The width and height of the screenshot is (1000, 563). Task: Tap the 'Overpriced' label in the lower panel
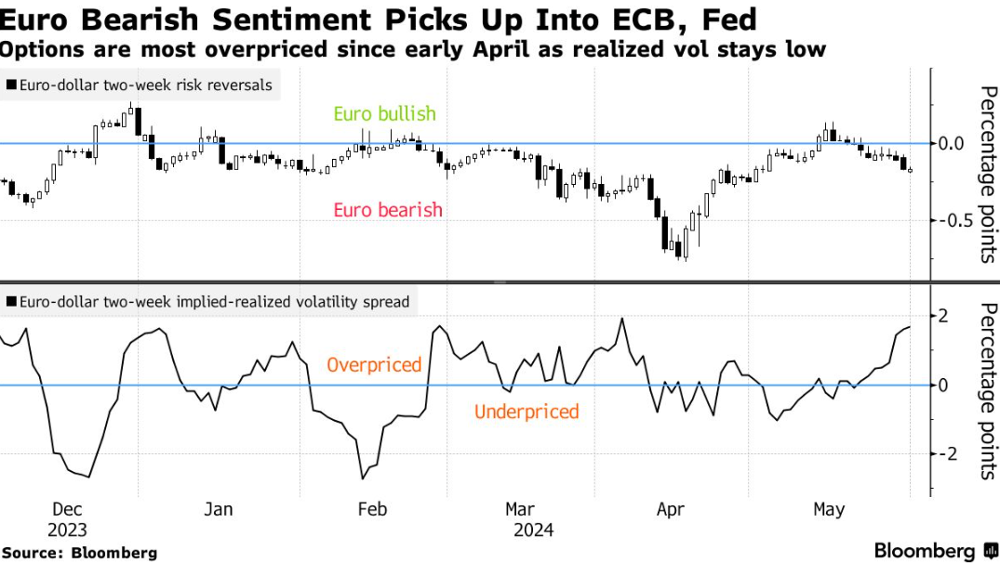tap(374, 365)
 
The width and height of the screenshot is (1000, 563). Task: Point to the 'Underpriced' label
tap(527, 412)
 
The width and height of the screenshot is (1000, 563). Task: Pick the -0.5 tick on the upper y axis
tap(958, 220)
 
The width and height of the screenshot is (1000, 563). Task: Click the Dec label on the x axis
tap(68, 509)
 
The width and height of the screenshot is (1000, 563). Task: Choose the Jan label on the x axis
tap(218, 509)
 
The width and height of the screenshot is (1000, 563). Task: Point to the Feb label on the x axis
tap(372, 509)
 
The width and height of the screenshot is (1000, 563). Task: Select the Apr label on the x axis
tap(671, 509)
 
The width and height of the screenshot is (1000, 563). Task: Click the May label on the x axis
tap(829, 509)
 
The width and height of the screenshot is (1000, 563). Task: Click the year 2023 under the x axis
tap(67, 530)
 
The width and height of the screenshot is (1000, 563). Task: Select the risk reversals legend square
tap(11, 85)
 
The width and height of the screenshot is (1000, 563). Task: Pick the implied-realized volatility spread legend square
tap(11, 302)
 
